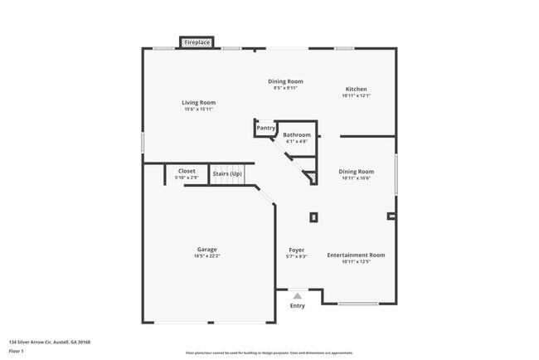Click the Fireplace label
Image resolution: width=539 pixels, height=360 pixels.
tap(197, 41)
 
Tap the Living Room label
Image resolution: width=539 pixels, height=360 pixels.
tap(198, 102)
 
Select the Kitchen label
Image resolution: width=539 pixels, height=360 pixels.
tap(356, 89)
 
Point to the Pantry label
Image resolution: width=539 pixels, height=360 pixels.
tap(265, 128)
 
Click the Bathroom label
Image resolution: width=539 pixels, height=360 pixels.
tap(297, 134)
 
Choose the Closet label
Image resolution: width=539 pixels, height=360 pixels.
tap(187, 171)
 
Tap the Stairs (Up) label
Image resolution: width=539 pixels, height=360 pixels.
tap(227, 173)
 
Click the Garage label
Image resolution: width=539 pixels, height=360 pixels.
tap(206, 249)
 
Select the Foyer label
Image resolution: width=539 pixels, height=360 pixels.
tap(297, 250)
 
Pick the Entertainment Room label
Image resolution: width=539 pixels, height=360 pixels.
tap(356, 255)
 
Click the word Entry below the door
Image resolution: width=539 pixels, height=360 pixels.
tap(297, 305)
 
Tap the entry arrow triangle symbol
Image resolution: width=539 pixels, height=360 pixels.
tap(297, 294)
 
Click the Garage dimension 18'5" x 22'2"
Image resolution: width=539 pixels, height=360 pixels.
tap(206, 256)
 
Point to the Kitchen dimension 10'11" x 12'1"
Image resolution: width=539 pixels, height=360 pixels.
tap(356, 96)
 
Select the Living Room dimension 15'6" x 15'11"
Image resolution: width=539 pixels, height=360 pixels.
tap(198, 109)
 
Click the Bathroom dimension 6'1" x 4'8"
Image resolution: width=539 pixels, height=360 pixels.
tap(297, 142)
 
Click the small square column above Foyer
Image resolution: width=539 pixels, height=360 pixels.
tap(313, 217)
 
